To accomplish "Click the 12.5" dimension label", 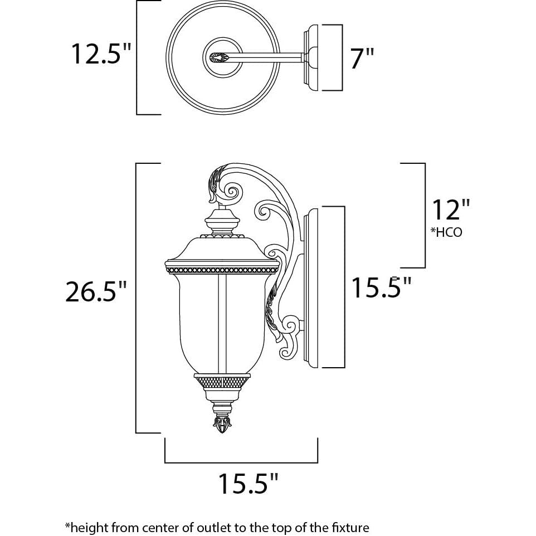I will coord(100,53).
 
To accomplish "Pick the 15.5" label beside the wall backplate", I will coord(381,288).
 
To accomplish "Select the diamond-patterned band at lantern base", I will coord(221,382).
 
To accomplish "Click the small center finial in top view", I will coord(218,57).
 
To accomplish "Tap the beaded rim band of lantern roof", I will coord(221,269).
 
